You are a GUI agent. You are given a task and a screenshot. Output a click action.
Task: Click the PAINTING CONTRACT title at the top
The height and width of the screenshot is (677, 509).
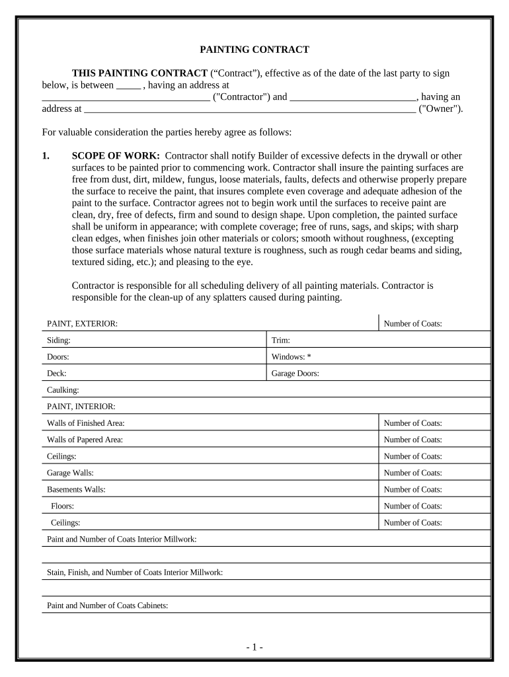255,50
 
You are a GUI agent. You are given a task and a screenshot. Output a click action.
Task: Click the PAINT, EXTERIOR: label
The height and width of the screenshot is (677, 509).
82,323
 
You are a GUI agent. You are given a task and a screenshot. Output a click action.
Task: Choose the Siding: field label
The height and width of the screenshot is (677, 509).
59,340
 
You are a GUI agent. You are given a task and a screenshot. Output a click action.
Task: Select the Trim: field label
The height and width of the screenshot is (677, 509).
281,340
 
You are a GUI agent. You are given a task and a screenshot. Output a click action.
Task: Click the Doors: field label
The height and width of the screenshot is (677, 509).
58,356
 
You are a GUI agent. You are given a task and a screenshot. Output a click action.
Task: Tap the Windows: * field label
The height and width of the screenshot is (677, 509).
291,356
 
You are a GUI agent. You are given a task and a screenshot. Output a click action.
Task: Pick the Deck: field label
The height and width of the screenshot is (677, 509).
57,373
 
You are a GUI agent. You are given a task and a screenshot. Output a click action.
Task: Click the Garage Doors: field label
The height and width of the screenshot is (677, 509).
295,373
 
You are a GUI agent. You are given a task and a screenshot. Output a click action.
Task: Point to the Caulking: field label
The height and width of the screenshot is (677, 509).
63,390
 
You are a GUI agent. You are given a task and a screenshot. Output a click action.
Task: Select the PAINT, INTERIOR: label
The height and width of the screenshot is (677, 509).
81,406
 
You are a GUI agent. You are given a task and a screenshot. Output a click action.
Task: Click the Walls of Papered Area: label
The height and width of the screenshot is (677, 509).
85,440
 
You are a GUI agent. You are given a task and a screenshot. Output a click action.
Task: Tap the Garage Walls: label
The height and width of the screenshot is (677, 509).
70,473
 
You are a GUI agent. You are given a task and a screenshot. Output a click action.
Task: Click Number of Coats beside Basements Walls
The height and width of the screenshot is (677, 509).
412,489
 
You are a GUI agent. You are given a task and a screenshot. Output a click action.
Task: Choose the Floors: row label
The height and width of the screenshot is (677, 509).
62,506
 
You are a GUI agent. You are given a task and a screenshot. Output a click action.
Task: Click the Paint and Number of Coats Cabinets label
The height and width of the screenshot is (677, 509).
107,606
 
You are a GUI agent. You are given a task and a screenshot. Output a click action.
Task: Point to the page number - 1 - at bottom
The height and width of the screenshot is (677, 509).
255,647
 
